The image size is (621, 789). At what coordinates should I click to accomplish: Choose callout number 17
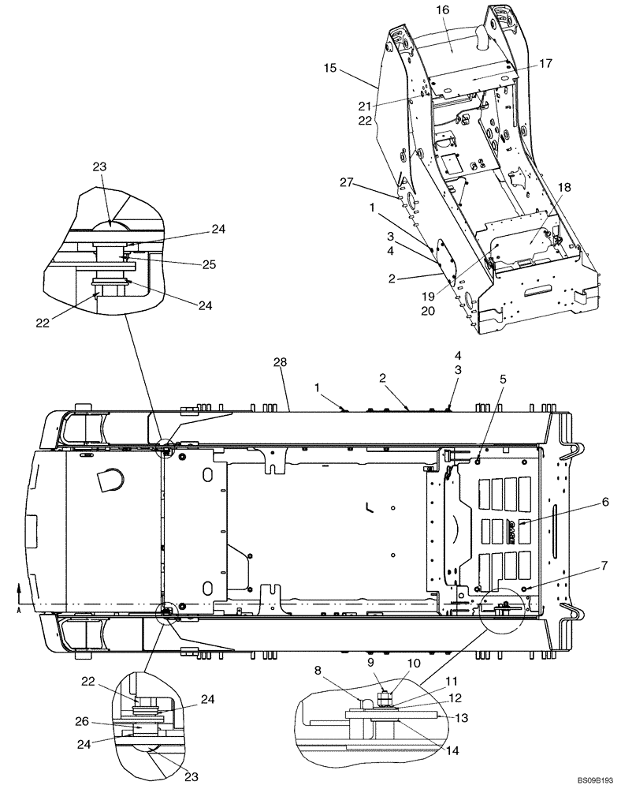point(545,63)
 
